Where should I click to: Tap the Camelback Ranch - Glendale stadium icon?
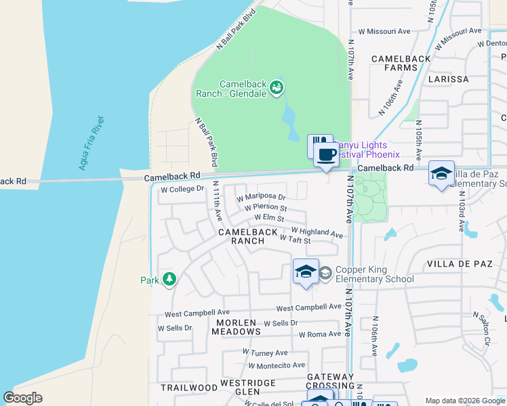(x=277, y=87)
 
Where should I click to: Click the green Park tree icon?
(x=169, y=279)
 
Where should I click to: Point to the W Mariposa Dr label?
(x=261, y=198)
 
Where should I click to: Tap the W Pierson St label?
(x=266, y=208)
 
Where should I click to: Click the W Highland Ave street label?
(x=317, y=232)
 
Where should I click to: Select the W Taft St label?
(x=295, y=240)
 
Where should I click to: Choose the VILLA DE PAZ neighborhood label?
(x=458, y=263)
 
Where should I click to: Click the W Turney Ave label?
(x=265, y=353)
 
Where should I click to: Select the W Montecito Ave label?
(x=277, y=365)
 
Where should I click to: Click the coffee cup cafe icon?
(x=326, y=154)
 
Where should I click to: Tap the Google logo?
(x=22, y=398)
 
